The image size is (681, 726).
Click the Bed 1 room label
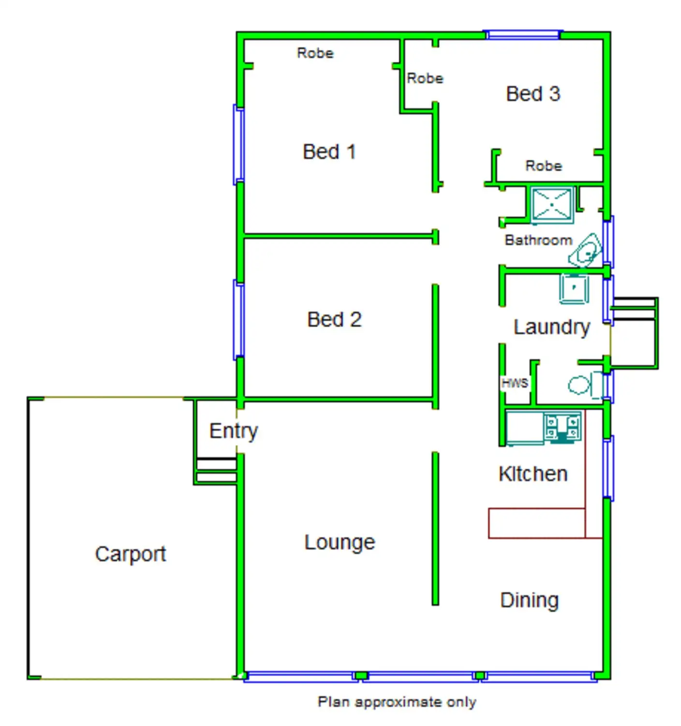(x=329, y=152)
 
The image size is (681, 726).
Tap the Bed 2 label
(x=334, y=320)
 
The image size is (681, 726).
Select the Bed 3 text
(x=533, y=94)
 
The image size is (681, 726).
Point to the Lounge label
(x=340, y=543)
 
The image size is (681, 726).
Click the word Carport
(x=131, y=554)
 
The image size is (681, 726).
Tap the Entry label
(x=234, y=431)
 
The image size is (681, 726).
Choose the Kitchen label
(x=533, y=474)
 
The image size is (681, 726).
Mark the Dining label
(x=530, y=601)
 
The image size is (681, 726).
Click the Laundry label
(x=552, y=328)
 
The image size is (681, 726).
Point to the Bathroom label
(x=538, y=240)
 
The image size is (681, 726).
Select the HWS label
(x=515, y=383)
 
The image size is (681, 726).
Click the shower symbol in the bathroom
(x=552, y=205)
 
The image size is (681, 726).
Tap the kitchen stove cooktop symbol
(x=562, y=427)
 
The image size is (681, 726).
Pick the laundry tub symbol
(x=574, y=288)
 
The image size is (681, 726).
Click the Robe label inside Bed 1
(x=315, y=53)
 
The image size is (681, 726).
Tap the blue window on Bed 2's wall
(x=238, y=319)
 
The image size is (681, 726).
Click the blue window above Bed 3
(x=523, y=34)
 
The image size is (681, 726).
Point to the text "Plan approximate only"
(x=397, y=702)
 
